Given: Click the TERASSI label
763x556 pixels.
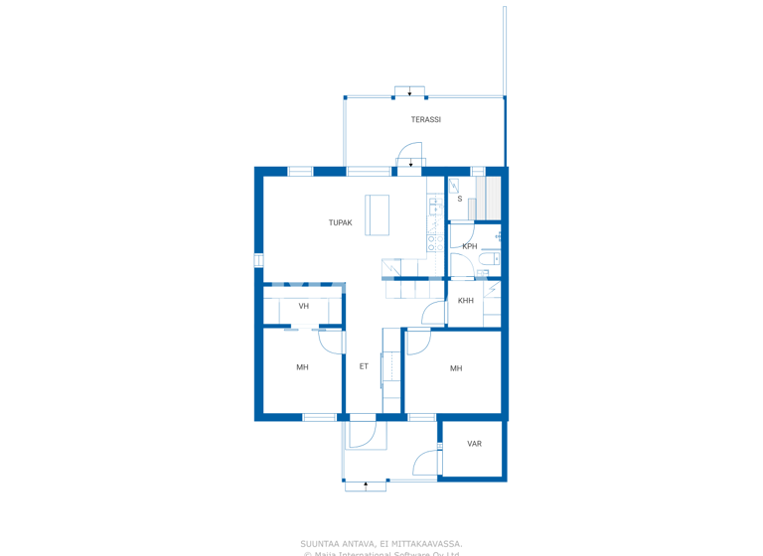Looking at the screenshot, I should [426, 120].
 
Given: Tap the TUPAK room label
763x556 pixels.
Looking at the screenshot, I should [340, 223].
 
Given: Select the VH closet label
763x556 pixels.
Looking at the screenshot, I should [303, 306].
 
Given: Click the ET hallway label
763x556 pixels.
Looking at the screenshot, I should [364, 366].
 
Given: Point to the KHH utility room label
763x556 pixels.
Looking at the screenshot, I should [466, 301].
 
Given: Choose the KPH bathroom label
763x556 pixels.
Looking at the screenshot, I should [470, 246].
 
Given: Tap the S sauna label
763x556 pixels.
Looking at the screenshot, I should [460, 200].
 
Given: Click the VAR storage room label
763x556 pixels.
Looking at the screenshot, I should [474, 444].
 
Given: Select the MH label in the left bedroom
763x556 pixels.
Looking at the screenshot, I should [302, 367].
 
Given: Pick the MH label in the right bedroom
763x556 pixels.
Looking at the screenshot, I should [456, 368].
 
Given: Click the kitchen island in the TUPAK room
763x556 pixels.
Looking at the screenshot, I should [377, 214].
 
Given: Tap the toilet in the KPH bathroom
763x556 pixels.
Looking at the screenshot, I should [484, 271].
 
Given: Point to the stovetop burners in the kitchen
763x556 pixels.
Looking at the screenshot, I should [434, 241].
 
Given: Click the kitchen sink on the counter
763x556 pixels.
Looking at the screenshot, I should [434, 207].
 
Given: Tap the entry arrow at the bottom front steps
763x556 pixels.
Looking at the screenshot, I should [366, 486].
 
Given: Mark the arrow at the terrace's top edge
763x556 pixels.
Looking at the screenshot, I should [409, 92].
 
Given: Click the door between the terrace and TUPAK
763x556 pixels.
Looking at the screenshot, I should [410, 162].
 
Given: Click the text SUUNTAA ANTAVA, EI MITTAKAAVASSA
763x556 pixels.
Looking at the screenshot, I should [381, 543].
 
